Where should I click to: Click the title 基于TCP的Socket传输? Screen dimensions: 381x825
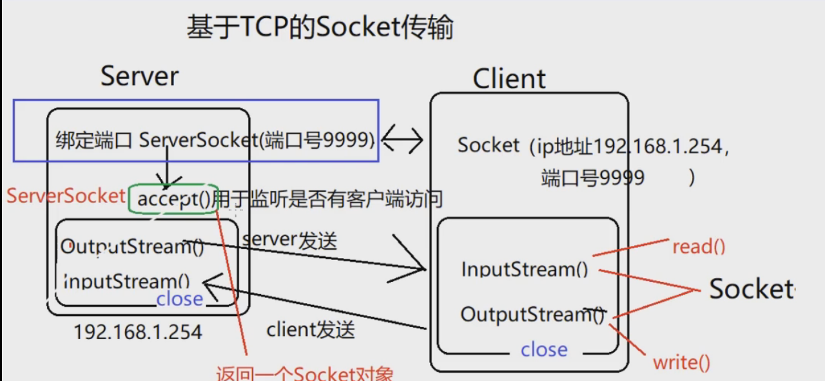(x=320, y=28)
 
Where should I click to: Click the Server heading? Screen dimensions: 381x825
(x=139, y=76)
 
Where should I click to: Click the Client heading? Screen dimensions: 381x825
(x=509, y=79)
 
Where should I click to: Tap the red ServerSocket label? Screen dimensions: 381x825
(x=66, y=196)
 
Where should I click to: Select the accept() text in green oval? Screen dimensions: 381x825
(x=173, y=199)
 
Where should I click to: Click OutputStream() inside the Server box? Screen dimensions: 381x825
(x=132, y=246)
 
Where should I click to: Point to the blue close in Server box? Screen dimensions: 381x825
(x=179, y=299)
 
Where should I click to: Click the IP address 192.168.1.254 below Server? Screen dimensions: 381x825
(x=137, y=331)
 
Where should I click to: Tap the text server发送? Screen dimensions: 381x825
(x=289, y=240)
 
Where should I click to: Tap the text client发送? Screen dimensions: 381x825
(x=311, y=330)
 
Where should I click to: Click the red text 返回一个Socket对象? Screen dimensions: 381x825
(x=304, y=373)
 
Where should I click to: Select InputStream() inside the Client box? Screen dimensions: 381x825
(x=525, y=268)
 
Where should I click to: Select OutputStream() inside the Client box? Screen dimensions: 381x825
(x=532, y=314)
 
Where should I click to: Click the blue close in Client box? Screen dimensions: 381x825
(x=544, y=349)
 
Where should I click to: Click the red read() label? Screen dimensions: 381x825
(x=699, y=246)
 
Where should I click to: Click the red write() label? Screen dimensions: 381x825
(x=681, y=362)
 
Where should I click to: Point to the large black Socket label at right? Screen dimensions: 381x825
(x=752, y=289)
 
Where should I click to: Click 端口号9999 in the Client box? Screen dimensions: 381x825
(x=592, y=177)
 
